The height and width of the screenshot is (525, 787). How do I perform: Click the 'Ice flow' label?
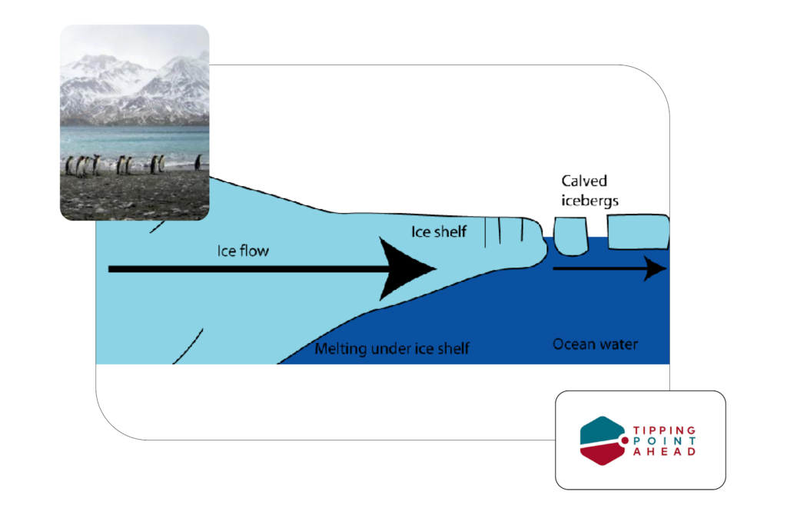[x=243, y=251]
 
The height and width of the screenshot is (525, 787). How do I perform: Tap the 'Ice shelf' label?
[x=439, y=231]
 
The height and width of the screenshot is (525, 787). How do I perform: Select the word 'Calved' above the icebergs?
[x=584, y=181]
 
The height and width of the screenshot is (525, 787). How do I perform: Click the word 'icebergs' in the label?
[x=590, y=201]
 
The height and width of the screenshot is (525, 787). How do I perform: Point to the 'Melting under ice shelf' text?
[x=392, y=350]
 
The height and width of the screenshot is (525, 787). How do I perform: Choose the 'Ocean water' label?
[x=595, y=344]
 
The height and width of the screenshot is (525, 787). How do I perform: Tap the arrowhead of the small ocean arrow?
[x=656, y=269]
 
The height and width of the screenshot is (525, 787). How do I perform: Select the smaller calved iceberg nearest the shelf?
[x=569, y=236]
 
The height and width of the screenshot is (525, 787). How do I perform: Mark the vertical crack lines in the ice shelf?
[x=504, y=233]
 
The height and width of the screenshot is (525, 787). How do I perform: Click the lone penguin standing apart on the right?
[x=198, y=162]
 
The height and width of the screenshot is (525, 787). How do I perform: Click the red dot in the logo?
[x=624, y=440]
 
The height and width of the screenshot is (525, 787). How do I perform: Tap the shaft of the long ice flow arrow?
[x=246, y=269]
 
